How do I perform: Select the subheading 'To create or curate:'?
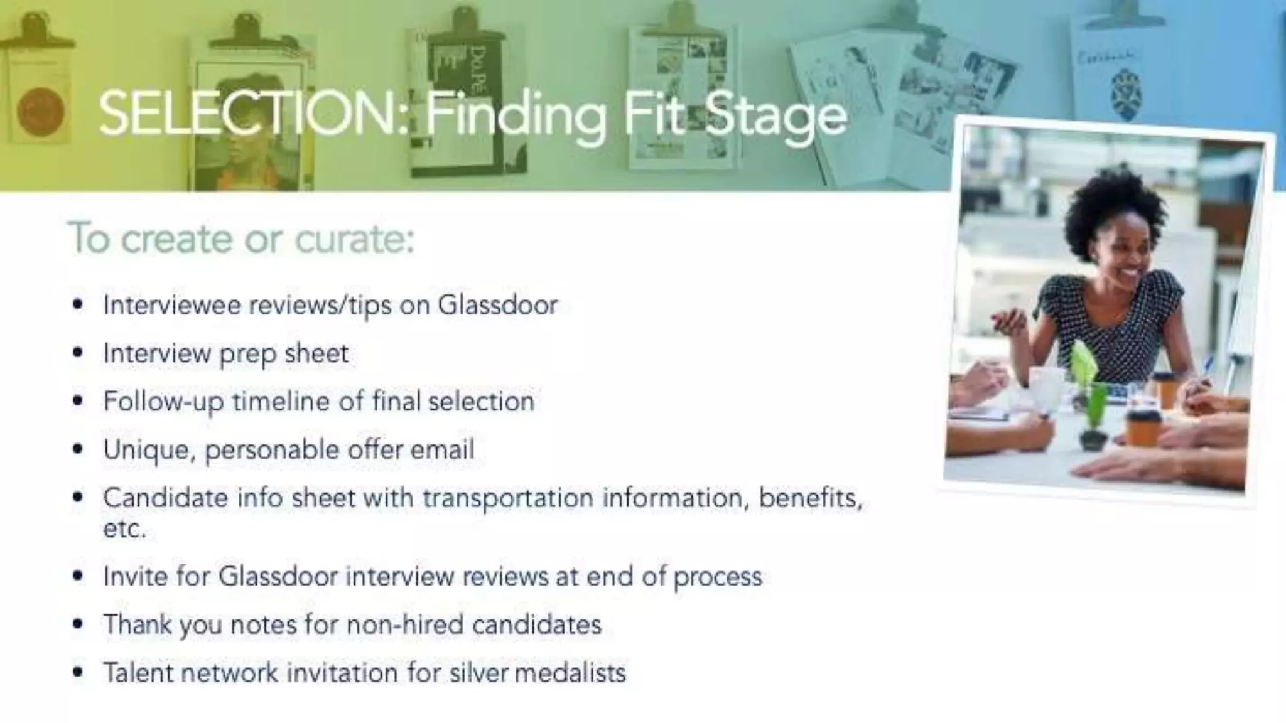click(242, 238)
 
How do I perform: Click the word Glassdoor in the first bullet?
click(497, 305)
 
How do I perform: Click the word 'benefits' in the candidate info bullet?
click(810, 498)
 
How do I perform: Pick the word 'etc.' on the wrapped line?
click(124, 529)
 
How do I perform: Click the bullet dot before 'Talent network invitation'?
click(78, 673)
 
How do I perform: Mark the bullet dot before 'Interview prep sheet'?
click(78, 353)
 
